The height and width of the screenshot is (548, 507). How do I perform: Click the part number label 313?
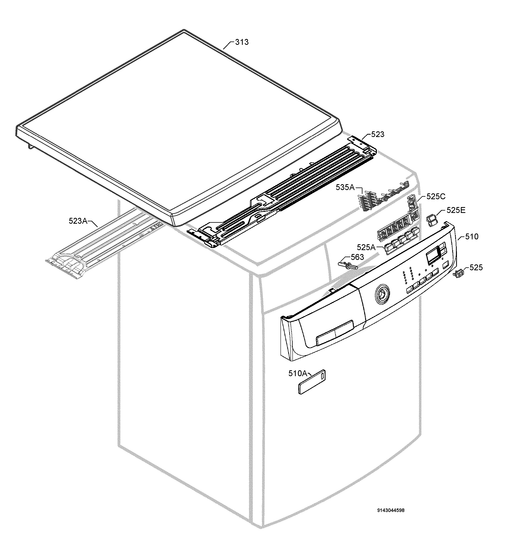pos(242,42)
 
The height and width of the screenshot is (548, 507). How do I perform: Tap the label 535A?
pos(345,187)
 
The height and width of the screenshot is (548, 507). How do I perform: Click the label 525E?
pos(456,210)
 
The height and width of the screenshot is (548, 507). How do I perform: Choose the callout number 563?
pos(358,257)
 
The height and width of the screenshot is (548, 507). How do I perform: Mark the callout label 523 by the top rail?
pos(378,134)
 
